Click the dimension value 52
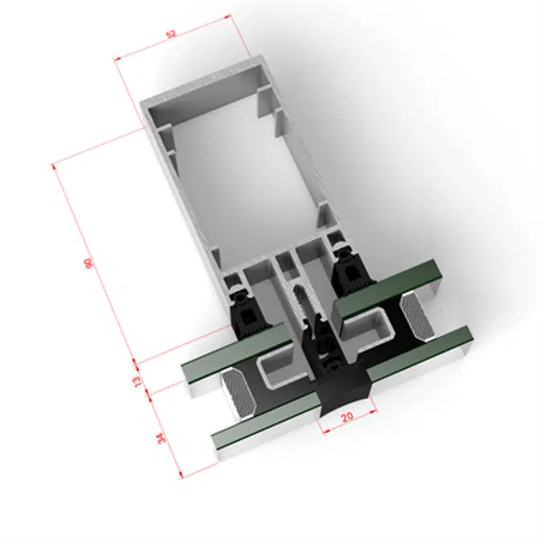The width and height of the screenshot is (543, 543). point(171,34)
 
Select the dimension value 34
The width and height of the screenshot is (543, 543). point(160,438)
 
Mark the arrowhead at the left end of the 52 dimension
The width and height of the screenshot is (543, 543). point(117,59)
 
